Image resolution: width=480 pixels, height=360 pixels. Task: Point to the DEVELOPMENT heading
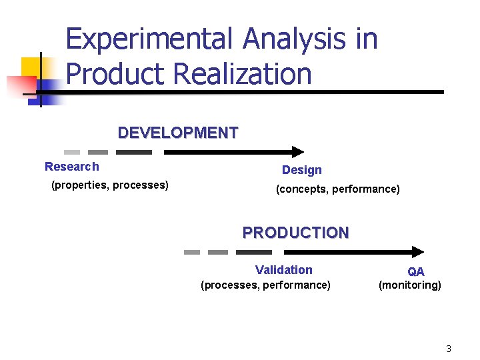coord(177,133)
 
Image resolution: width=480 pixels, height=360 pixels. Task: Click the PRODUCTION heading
coord(295,233)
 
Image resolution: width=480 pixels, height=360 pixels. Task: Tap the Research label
coord(71,167)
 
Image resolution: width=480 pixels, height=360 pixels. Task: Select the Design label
coord(301,170)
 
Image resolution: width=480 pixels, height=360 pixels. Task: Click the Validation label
coord(283,269)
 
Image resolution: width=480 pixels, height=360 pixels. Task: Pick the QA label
coord(416,271)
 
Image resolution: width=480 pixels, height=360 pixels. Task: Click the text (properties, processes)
coord(109,185)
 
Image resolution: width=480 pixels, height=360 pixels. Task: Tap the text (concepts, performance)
coord(338,189)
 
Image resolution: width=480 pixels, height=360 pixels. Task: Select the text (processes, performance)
coord(265,285)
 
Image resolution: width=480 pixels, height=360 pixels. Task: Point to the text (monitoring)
coord(409,285)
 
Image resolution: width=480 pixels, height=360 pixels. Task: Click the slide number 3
coord(449,349)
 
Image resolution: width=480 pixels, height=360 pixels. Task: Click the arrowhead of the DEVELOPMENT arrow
coord(297,152)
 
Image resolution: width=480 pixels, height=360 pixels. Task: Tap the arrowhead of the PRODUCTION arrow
coord(418,252)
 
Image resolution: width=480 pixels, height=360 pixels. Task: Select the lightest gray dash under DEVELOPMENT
coord(72,152)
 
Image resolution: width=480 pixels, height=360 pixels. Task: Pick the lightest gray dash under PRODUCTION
coord(192,252)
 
